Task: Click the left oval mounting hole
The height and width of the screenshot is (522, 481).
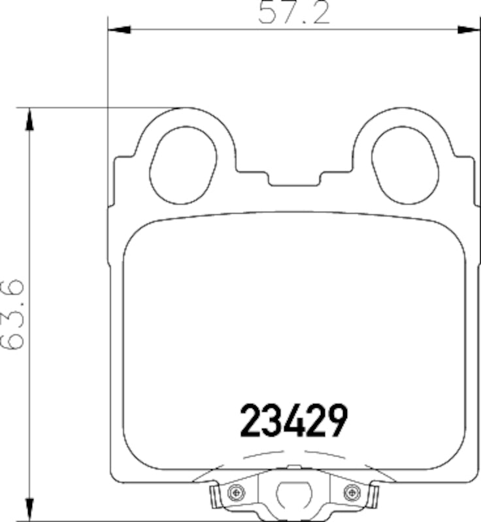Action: pos(182,162)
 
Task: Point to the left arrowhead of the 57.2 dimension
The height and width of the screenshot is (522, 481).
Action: pos(118,29)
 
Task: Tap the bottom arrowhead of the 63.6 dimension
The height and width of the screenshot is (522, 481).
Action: pos(28,509)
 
